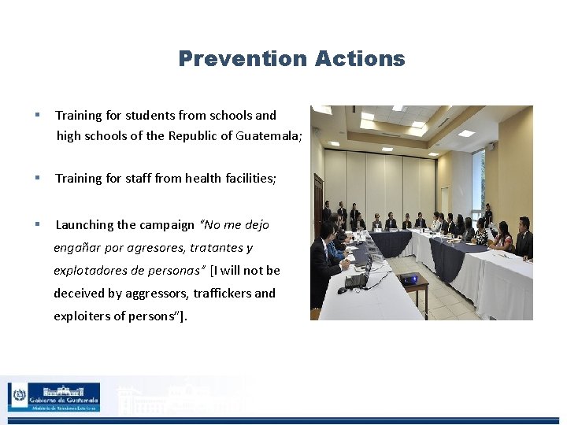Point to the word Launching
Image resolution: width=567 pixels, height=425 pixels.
84,225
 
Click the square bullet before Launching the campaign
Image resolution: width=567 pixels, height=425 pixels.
37,225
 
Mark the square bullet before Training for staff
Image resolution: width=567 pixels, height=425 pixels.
37,179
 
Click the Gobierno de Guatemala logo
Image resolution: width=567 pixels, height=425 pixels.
54,397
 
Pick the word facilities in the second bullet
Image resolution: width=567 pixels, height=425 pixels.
248,179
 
